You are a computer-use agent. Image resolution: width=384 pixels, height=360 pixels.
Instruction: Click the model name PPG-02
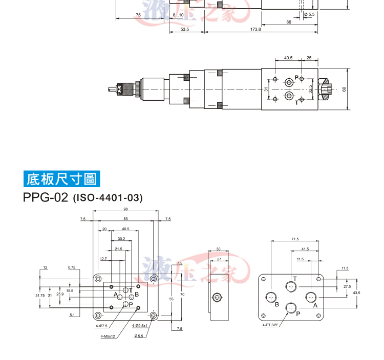tap(45, 197)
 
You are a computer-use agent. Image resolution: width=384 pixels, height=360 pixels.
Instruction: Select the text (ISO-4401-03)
tap(107, 198)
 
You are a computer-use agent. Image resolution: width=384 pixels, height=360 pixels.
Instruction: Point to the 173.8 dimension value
tap(255, 30)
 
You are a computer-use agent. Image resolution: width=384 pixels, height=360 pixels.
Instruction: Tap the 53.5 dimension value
tap(185, 30)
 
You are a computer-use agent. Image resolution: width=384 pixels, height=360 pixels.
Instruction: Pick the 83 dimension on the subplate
tap(125, 219)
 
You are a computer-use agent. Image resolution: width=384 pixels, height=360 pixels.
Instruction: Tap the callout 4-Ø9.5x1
tap(140, 325)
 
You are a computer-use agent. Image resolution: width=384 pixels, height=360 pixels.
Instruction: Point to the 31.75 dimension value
tap(40, 296)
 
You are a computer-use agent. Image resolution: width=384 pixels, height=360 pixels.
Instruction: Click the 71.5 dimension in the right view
tap(295, 239)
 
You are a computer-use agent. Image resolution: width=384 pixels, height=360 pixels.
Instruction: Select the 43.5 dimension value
tap(356, 292)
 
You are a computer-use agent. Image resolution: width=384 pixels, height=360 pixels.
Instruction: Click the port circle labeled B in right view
tap(272, 297)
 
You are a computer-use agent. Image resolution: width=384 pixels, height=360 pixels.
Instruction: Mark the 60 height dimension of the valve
tap(344, 88)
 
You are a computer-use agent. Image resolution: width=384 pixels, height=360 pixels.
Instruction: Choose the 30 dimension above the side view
tap(218, 249)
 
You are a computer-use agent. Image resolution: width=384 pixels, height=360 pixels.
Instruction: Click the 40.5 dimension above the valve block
tap(288, 58)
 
